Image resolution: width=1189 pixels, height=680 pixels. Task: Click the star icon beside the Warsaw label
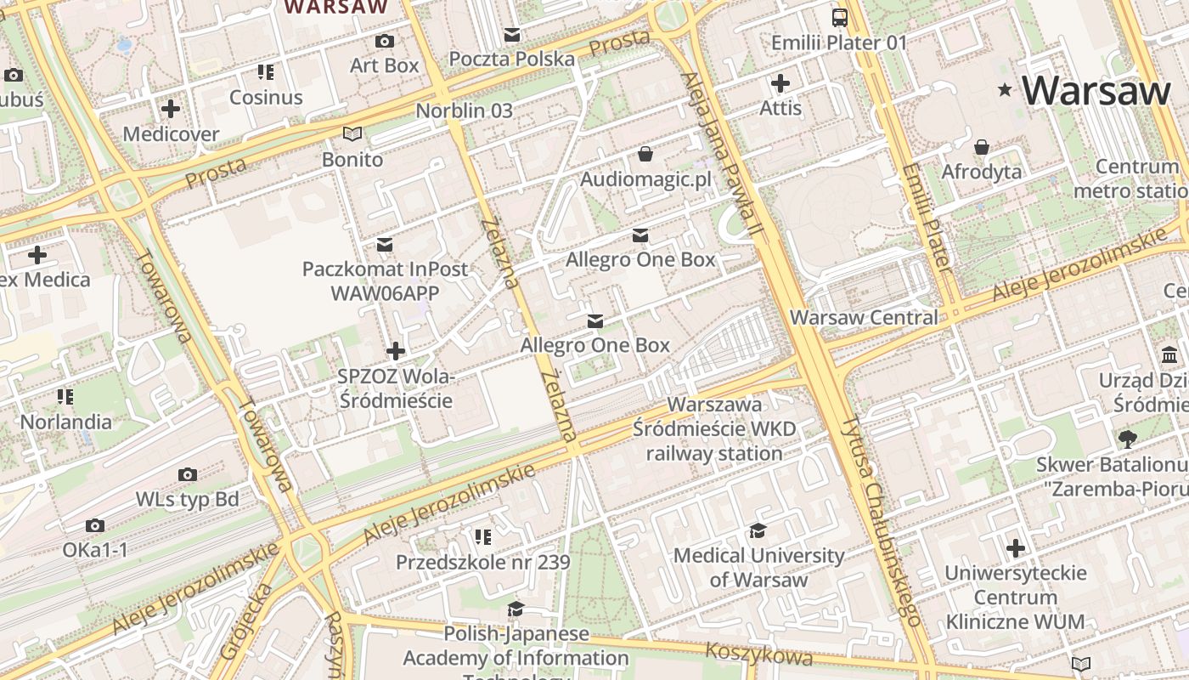1006,89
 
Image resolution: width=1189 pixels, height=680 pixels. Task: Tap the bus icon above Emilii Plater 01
839,17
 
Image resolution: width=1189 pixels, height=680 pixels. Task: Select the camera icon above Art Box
384,41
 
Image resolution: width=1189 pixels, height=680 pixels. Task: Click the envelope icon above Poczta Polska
512,35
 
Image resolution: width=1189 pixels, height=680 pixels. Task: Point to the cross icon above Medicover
171,109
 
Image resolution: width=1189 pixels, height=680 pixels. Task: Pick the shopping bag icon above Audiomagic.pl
645,154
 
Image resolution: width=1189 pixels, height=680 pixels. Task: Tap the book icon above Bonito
352,134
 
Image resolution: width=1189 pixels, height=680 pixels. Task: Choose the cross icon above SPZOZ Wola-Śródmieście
396,350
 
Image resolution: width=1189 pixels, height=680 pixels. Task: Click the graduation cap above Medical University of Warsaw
758,531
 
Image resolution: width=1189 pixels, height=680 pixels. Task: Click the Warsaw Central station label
864,318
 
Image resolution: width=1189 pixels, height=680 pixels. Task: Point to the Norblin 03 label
464,110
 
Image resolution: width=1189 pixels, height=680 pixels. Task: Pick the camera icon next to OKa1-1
95,525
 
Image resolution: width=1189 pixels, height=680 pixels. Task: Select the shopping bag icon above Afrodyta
982,147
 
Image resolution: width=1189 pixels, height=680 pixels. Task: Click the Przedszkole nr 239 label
482,563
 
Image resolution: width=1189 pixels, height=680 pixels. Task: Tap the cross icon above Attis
780,83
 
